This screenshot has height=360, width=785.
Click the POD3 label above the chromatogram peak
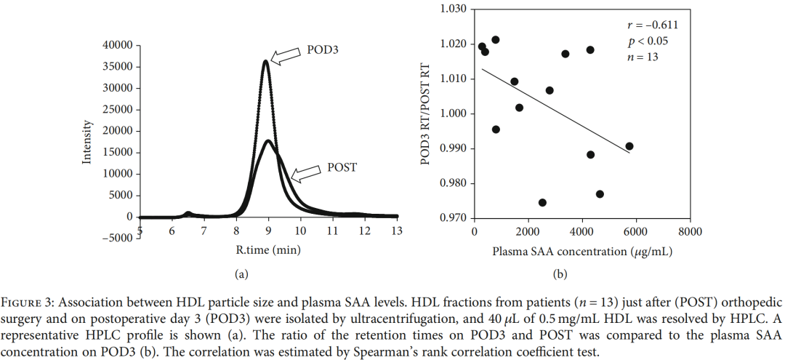click(324, 51)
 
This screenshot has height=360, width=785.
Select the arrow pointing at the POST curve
click(305, 173)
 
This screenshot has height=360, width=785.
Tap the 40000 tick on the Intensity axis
click(116, 45)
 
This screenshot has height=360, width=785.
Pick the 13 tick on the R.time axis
click(396, 231)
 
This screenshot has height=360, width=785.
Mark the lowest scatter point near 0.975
click(542, 202)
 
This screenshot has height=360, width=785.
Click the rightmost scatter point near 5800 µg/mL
click(629, 146)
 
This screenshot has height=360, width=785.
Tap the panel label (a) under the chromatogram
click(240, 274)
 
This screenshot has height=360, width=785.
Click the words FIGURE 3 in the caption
click(25, 301)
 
